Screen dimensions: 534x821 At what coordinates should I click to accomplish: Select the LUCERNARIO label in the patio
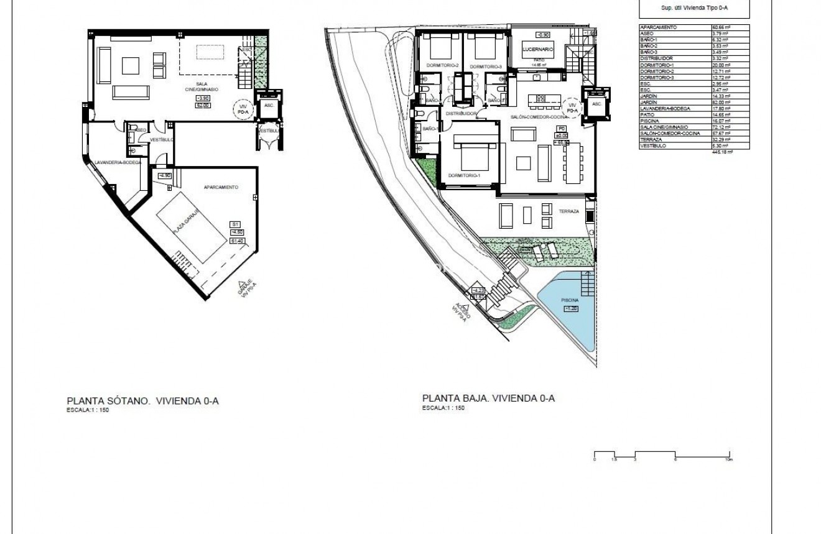click(x=539, y=48)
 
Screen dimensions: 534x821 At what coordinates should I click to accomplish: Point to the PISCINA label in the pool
click(x=570, y=299)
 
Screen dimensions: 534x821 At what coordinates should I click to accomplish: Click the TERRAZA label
click(x=568, y=211)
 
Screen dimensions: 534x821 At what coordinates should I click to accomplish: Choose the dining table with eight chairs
click(x=573, y=164)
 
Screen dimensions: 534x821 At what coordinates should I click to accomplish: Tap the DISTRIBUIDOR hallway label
click(x=461, y=114)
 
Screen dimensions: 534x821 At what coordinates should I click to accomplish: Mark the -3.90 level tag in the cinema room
click(x=203, y=98)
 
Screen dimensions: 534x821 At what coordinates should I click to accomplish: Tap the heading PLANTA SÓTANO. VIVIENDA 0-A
click(x=142, y=401)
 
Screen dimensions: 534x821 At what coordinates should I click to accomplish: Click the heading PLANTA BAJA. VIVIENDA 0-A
click(x=488, y=398)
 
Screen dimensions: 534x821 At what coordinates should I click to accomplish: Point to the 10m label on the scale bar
click(x=728, y=459)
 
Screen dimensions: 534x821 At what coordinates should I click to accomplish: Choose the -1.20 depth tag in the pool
click(x=570, y=308)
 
